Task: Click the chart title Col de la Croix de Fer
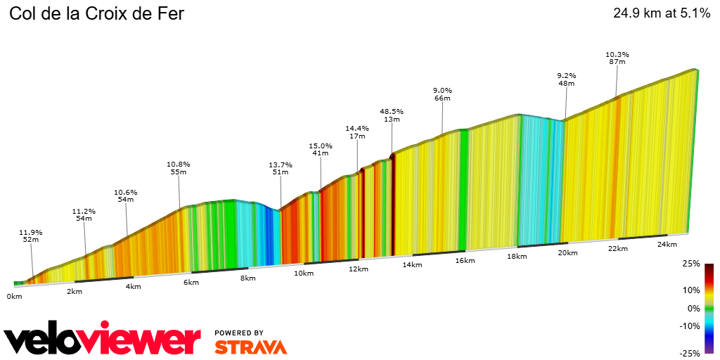pos(96,13)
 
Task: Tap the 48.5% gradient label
pos(392,111)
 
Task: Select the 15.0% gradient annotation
pos(321,146)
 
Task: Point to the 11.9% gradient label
pos(31,232)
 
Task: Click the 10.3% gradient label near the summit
pos(617,54)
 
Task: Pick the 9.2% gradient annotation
pos(567,75)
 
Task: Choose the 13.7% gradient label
pos(281,165)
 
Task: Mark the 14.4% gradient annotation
pos(357,128)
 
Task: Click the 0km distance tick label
pos(14,297)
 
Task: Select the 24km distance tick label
pos(667,245)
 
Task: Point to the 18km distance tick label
pos(517,257)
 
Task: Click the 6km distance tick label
pos(191,283)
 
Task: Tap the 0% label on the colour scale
pos(694,309)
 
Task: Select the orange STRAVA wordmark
pos(250,347)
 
